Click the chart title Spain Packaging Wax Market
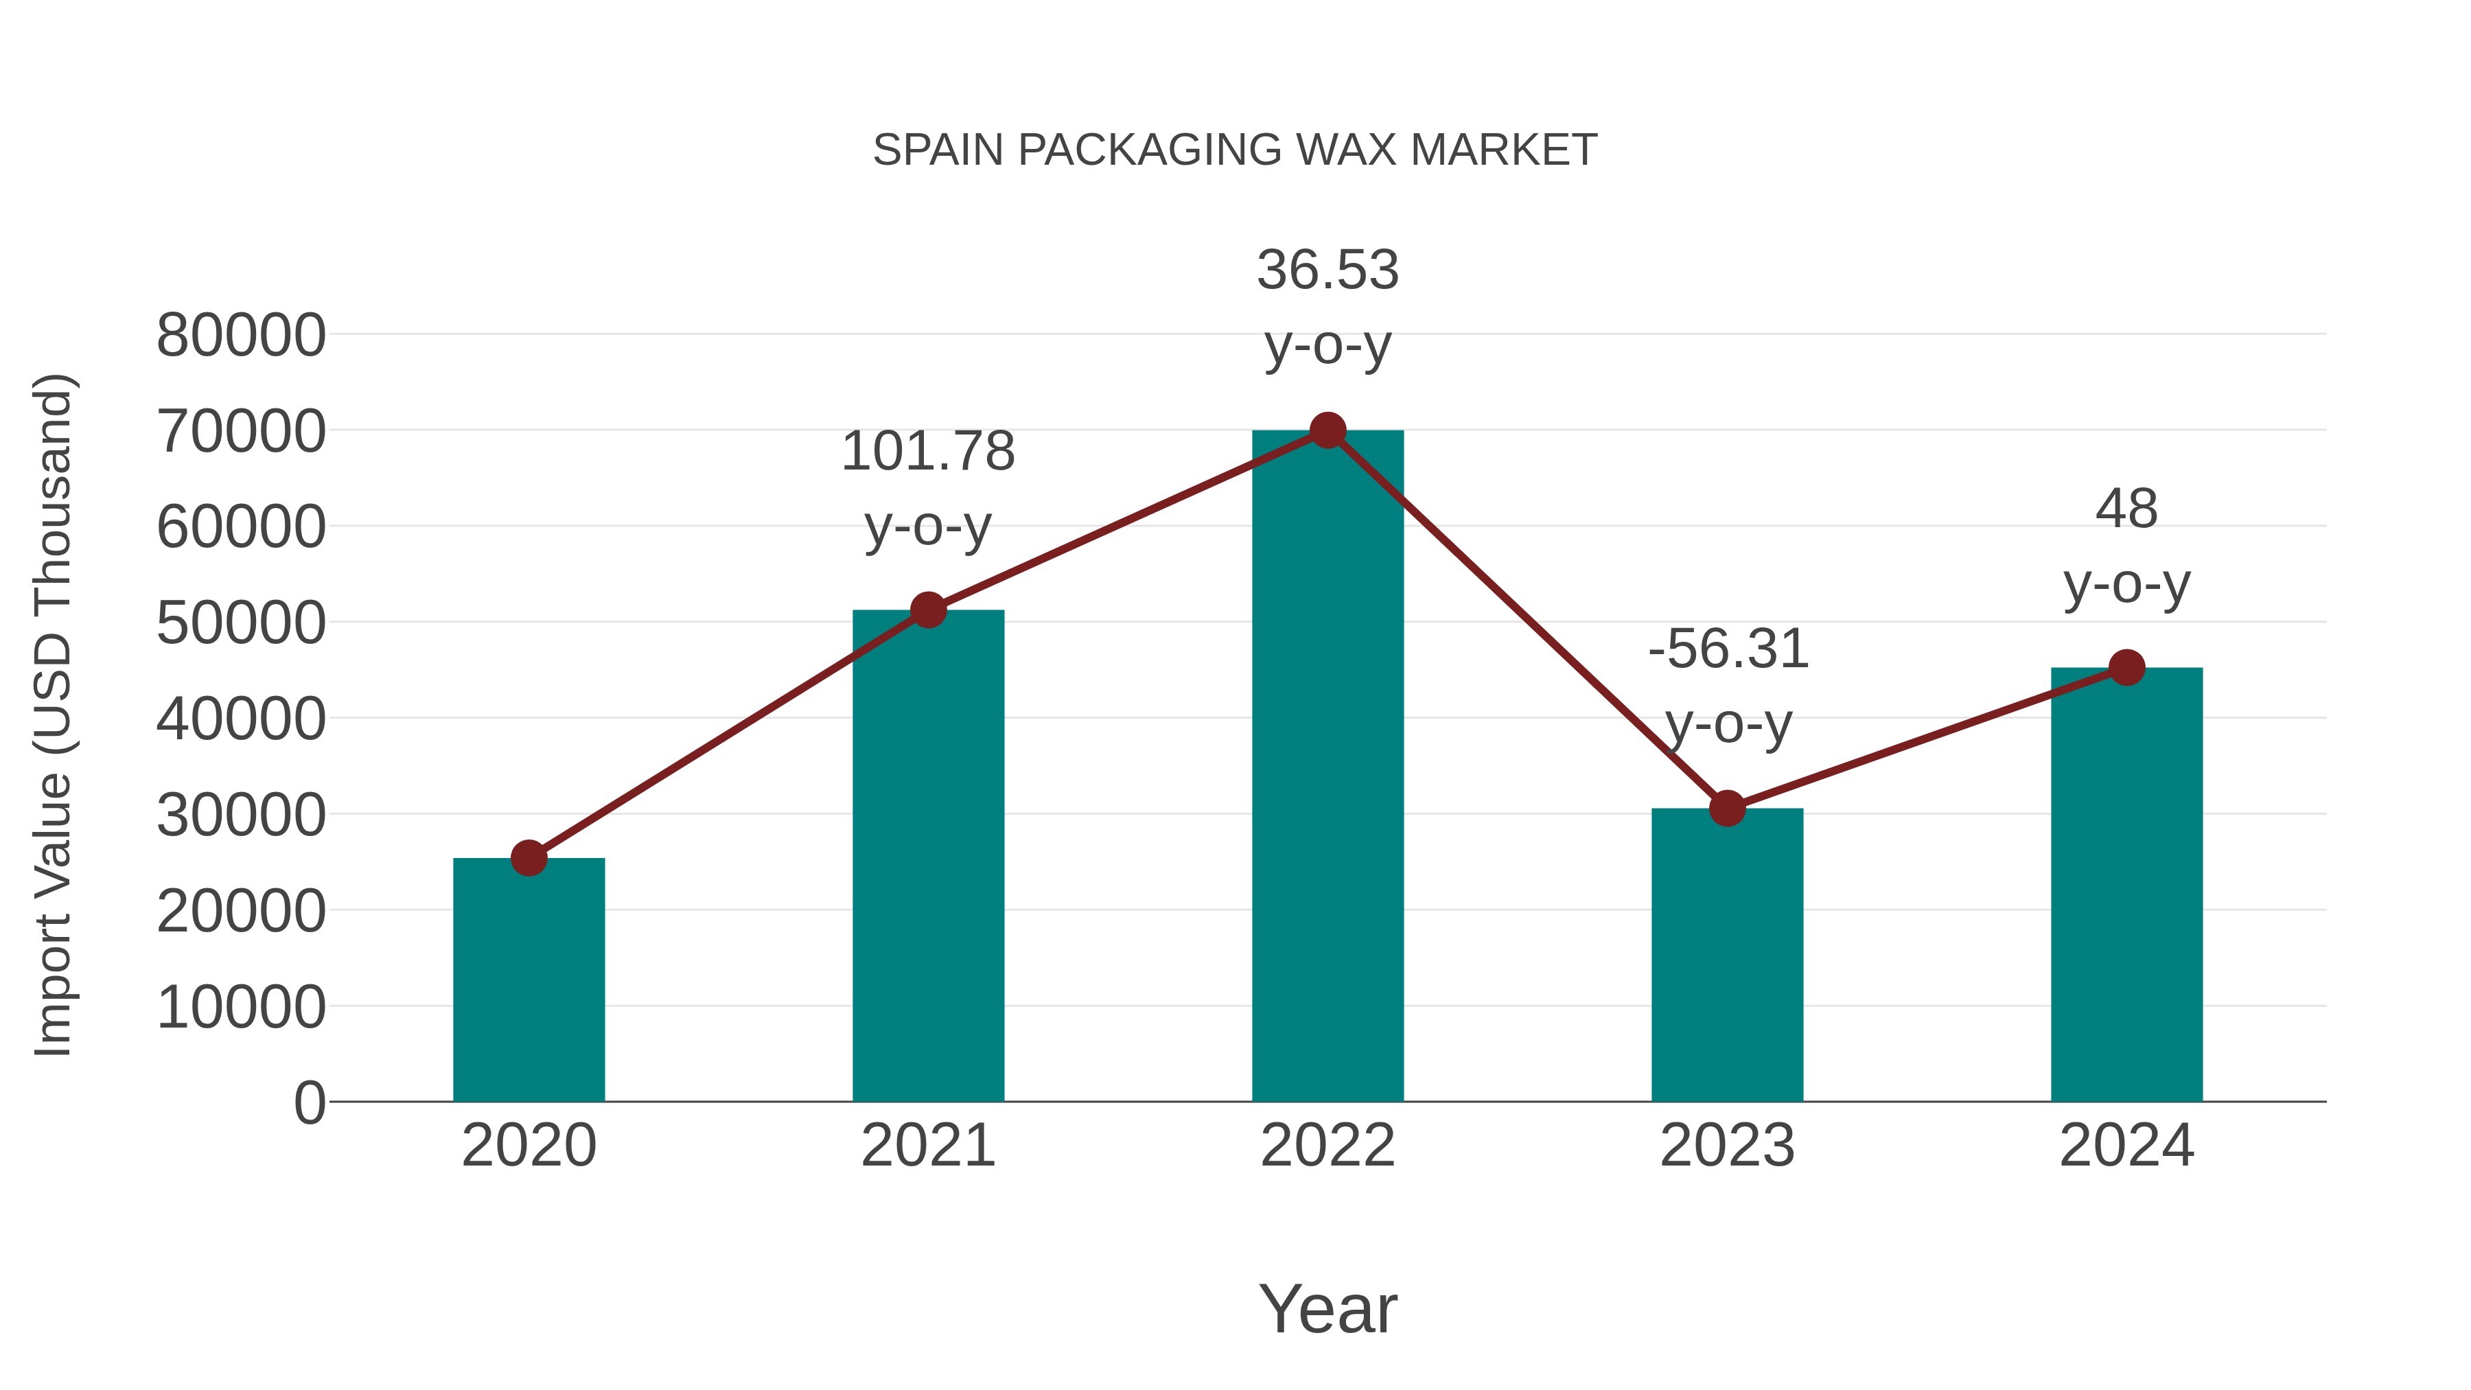pyautogui.click(x=1235, y=150)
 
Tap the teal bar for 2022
pyautogui.click(x=1327, y=767)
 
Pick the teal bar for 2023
pyautogui.click(x=1727, y=960)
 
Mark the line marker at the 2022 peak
pyautogui.click(x=1327, y=430)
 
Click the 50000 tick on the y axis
pyautogui.click(x=241, y=623)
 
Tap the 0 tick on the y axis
pyautogui.click(x=309, y=1103)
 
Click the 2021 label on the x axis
pyautogui.click(x=927, y=1146)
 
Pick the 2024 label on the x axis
pyautogui.click(x=2126, y=1146)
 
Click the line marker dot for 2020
pyautogui.click(x=529, y=857)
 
